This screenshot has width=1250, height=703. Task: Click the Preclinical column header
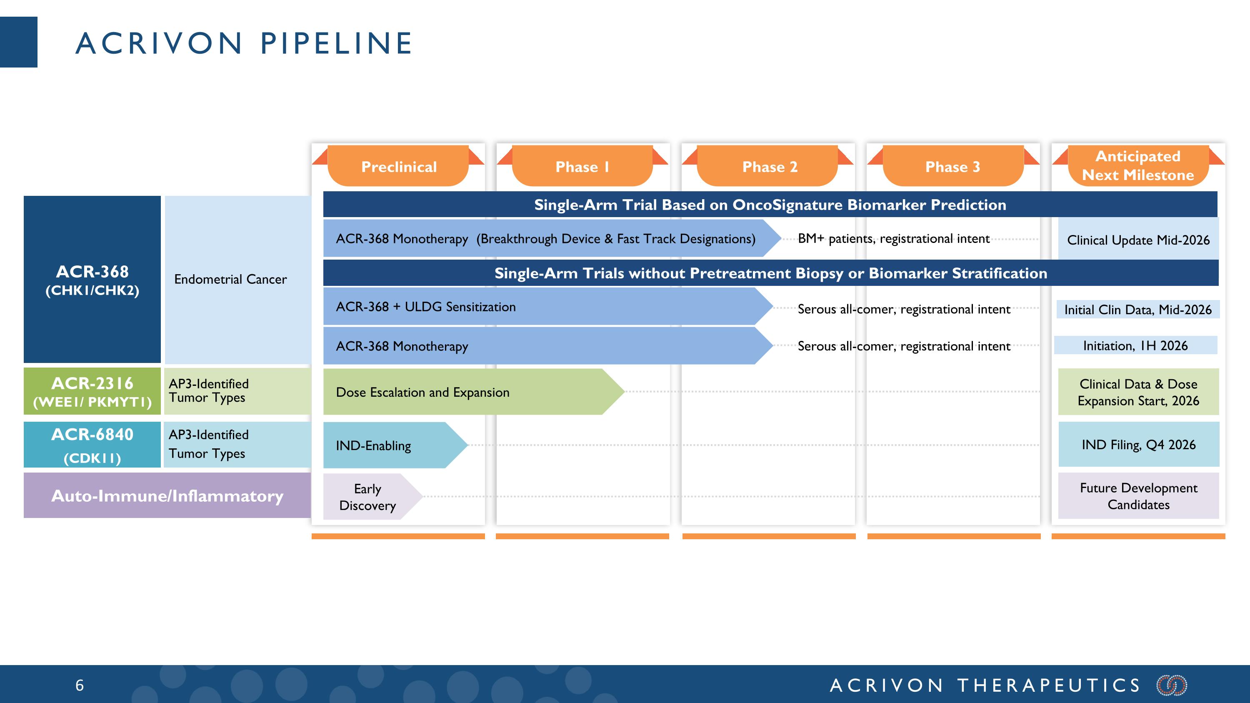pos(398,166)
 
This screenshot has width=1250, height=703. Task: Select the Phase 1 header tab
pos(582,166)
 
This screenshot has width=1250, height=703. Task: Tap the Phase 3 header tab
pos(952,166)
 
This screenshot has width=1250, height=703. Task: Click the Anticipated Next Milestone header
pos(1138,165)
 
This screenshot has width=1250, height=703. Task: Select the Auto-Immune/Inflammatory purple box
pos(167,495)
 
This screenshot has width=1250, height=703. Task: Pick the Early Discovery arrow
pos(367,497)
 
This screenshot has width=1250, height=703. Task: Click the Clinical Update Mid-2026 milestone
pos(1138,240)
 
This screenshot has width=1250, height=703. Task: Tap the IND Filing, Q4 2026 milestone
pos(1138,444)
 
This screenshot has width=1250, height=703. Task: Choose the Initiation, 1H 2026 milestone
pos(1135,345)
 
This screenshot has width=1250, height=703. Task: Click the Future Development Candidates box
pos(1138,496)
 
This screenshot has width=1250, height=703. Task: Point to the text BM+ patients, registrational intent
pos(893,239)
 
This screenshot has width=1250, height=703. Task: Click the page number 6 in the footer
pos(80,685)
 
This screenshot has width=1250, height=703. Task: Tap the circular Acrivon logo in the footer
pos(1171,685)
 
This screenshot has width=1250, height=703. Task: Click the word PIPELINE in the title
pos(336,43)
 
